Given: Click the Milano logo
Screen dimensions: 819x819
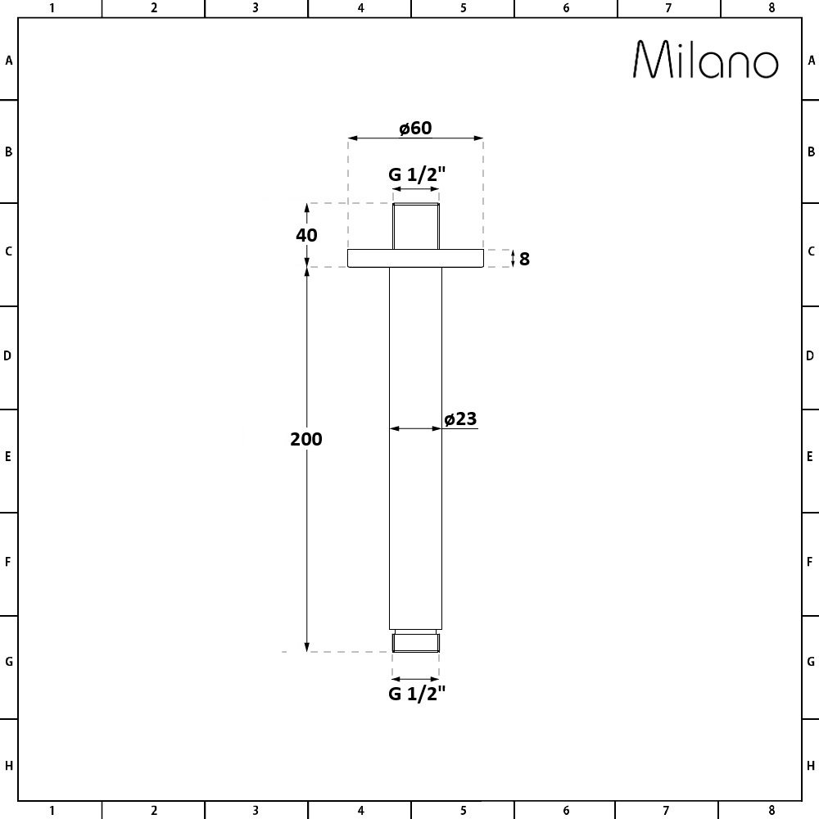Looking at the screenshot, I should click(706, 60).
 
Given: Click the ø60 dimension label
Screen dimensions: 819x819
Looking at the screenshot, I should click(415, 128).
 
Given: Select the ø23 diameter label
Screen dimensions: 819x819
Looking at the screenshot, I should click(460, 419).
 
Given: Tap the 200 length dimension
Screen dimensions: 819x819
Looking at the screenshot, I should click(306, 439).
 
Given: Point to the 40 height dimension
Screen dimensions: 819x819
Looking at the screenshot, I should click(306, 235).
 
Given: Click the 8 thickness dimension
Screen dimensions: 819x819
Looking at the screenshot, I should click(524, 259).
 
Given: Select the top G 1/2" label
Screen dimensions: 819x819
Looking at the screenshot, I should click(416, 174).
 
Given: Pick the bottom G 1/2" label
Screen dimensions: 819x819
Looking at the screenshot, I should click(416, 695).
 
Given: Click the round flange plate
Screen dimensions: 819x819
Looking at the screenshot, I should click(415, 258).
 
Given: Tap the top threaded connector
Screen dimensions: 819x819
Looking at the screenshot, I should click(416, 226).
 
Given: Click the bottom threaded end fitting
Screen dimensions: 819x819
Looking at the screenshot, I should click(416, 642).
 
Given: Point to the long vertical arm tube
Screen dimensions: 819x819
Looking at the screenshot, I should click(415, 491).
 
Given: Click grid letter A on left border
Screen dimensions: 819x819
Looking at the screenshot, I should click(9, 61).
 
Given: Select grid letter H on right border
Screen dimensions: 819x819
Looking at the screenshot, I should click(811, 767).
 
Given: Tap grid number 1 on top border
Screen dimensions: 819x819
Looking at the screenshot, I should click(52, 8).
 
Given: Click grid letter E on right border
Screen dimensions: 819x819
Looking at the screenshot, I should click(811, 456).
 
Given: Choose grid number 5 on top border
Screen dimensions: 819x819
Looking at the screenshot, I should click(463, 8).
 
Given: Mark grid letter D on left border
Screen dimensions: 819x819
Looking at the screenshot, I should click(9, 355).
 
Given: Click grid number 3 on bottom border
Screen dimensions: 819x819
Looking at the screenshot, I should click(256, 811).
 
